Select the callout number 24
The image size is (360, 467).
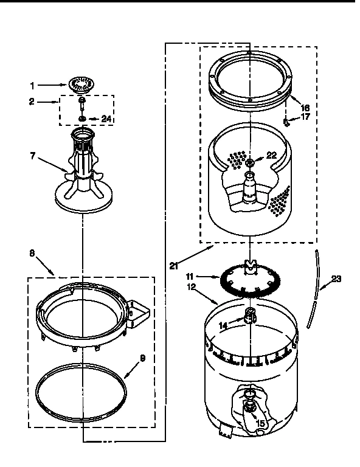click(x=106, y=119)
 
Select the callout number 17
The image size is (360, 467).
click(x=305, y=117)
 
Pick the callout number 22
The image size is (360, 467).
click(x=271, y=155)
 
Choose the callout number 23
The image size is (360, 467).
click(x=335, y=279)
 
